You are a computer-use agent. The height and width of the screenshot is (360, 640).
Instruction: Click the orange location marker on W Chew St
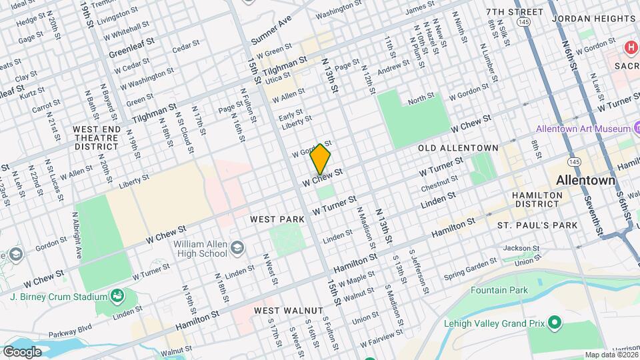click(321, 159)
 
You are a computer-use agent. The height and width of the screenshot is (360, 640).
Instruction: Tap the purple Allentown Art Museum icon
click(635, 128)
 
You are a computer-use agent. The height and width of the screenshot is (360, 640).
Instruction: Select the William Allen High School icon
click(237, 249)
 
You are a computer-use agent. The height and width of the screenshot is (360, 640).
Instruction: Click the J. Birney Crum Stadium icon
click(118, 295)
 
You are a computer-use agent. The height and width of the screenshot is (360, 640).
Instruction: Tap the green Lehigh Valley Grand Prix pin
click(555, 324)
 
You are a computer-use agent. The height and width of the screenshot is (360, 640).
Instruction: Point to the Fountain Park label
click(499, 290)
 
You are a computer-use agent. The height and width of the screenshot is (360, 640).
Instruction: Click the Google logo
click(22, 351)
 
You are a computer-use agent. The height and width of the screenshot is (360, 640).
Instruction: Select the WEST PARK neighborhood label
click(277, 219)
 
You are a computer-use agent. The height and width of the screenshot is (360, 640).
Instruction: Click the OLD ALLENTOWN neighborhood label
click(458, 147)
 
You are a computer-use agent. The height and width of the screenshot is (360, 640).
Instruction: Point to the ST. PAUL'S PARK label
click(537, 225)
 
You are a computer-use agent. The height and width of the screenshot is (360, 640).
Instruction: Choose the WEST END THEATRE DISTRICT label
click(95, 137)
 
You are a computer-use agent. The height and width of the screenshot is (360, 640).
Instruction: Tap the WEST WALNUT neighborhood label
click(289, 311)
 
